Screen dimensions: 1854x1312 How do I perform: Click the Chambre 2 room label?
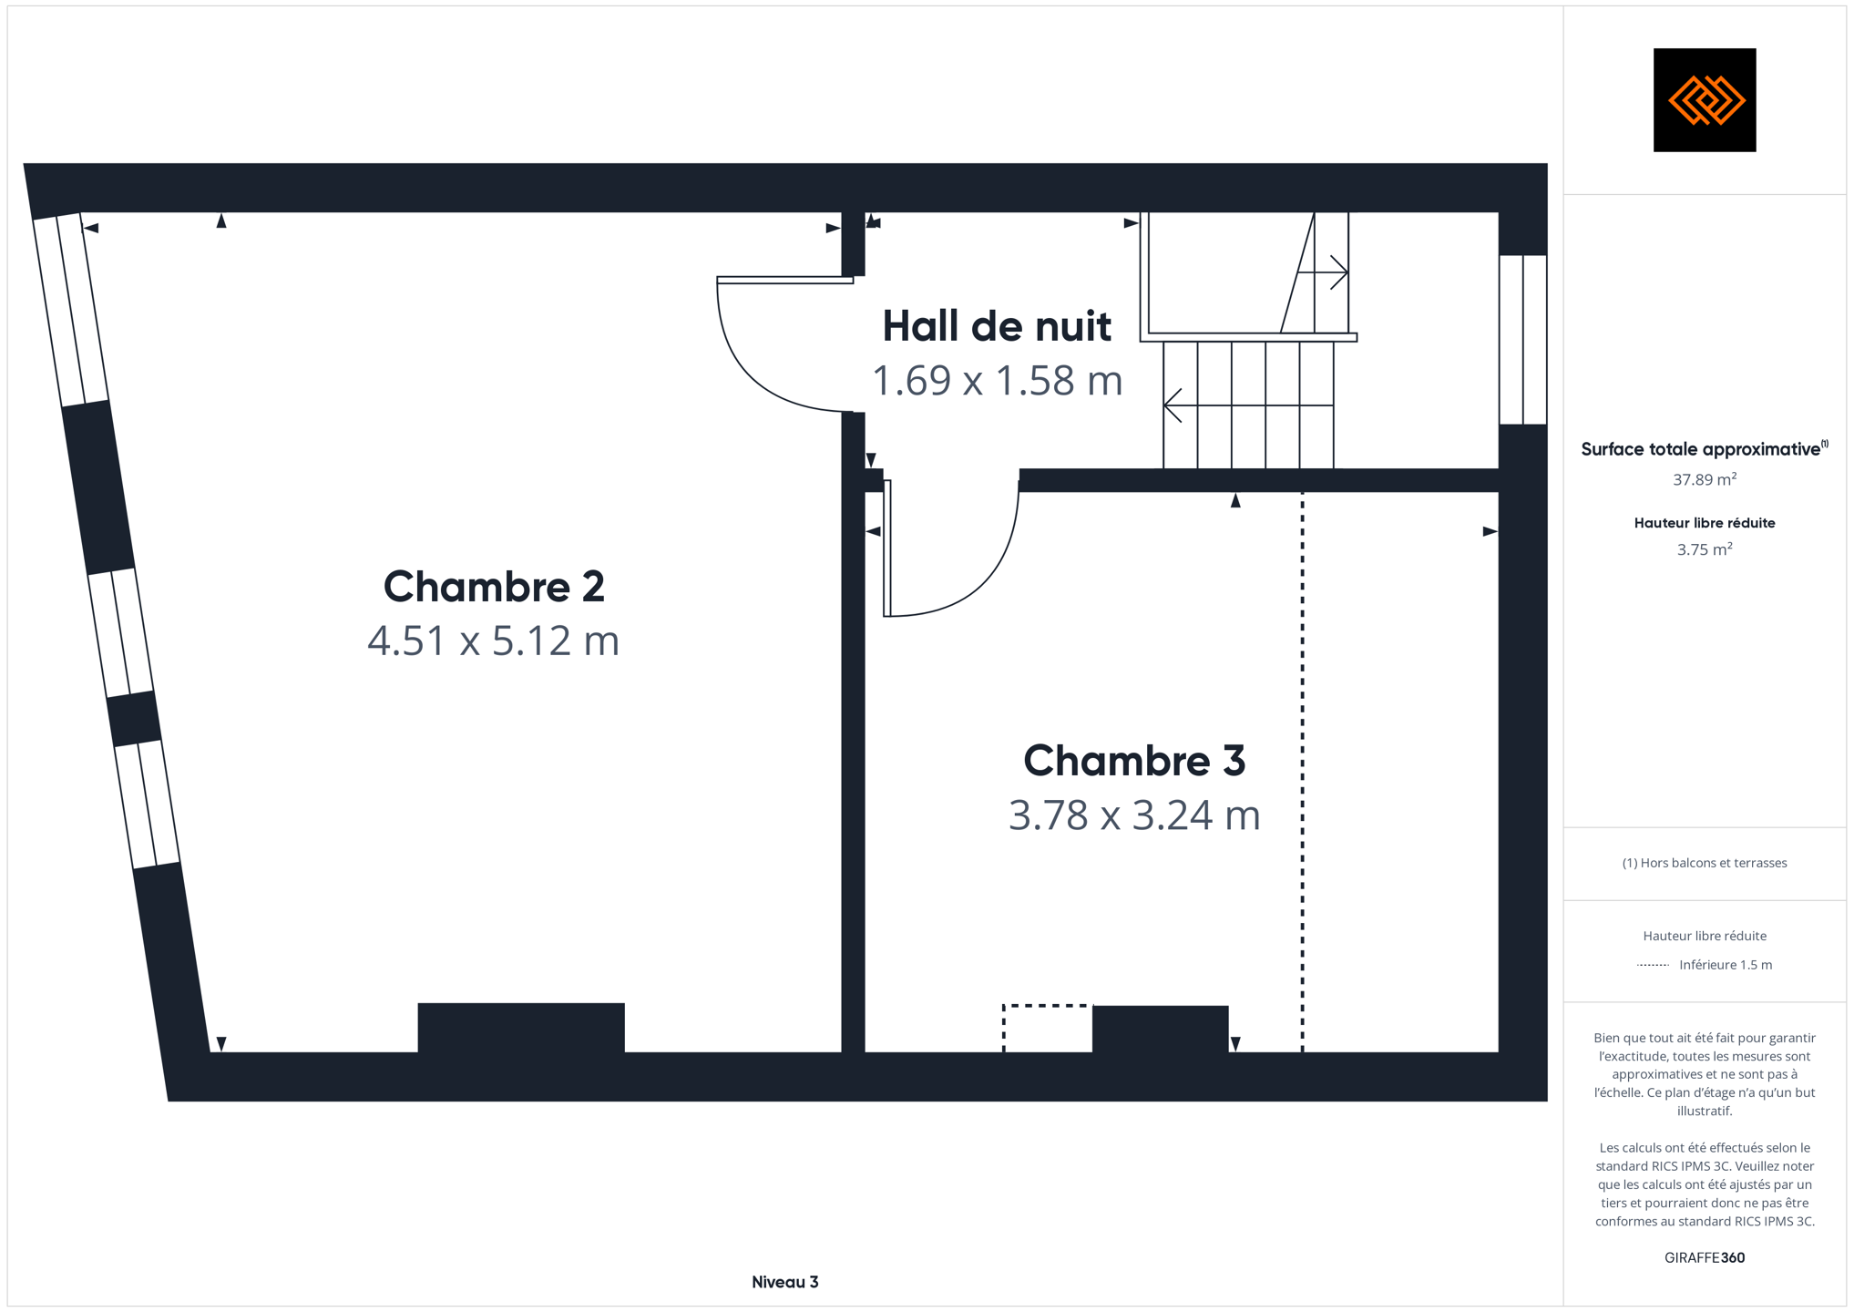494,586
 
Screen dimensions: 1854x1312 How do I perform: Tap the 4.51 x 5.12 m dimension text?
494,641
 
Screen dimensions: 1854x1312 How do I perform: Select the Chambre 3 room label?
1134,761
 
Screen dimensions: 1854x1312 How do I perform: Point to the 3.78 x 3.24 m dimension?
1134,815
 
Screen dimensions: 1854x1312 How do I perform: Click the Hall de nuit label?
997,326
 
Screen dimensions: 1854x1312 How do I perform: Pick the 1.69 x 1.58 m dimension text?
997,381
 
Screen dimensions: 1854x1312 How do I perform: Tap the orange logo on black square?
1705,100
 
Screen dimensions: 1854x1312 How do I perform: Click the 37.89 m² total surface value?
1705,479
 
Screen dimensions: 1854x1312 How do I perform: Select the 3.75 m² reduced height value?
1705,549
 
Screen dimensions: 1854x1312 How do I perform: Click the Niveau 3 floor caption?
785,1282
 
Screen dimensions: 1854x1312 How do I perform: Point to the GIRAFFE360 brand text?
1705,1257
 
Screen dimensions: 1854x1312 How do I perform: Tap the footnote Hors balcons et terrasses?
1705,863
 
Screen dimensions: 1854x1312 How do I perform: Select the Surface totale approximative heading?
1705,448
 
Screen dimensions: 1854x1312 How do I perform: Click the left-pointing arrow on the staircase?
1249,405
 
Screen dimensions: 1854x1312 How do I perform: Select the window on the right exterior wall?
1523,340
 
